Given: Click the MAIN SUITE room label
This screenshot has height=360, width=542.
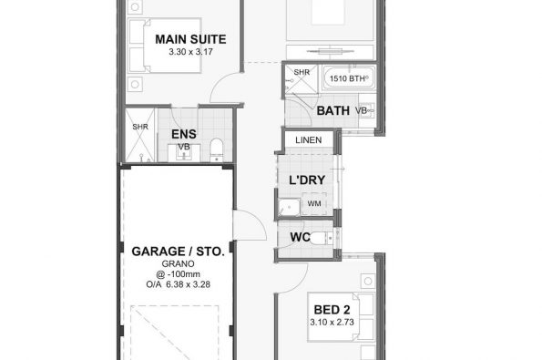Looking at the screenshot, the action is (190, 39).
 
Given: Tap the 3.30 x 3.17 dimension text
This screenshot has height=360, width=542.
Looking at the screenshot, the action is (190, 52).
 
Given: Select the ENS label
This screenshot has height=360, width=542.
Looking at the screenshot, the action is (184, 134).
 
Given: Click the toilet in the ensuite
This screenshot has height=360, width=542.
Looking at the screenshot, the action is (217, 149).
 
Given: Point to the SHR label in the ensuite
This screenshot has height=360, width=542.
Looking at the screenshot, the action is (140, 127).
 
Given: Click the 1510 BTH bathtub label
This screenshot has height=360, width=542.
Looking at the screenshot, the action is (347, 78).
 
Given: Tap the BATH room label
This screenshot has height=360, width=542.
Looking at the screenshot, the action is (332, 110).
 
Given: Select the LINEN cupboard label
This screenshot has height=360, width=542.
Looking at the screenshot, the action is (308, 140).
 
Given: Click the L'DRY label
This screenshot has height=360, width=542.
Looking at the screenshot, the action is (307, 180).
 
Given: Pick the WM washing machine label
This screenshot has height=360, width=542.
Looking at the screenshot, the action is (314, 203).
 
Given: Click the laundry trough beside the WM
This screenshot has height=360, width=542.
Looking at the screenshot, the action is (290, 208).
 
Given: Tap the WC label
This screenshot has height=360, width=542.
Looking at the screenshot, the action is (300, 237).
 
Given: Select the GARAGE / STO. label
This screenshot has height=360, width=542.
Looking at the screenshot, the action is (178, 252).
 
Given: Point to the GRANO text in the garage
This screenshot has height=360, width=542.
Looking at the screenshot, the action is (178, 264).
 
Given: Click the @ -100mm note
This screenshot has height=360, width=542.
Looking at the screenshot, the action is (178, 274).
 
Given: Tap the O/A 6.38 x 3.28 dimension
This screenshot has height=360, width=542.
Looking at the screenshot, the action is (178, 284).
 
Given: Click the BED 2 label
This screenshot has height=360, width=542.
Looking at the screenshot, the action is (332, 310).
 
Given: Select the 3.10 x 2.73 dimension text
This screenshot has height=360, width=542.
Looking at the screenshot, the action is (332, 323).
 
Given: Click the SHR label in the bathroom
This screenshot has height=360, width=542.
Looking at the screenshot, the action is (302, 72).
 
